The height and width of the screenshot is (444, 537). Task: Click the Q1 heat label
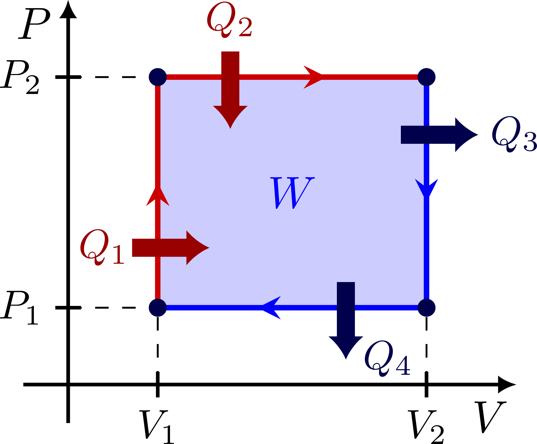pos(102,247)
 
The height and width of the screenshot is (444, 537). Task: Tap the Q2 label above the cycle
pos(229,21)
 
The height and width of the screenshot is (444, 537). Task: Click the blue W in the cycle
pos(292,193)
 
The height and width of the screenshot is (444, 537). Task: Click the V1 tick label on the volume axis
pos(157,427)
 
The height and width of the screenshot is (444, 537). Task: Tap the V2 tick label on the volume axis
pos(425,427)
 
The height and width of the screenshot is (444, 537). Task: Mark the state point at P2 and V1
pos(158,77)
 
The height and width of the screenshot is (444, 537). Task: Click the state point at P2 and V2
pos(426,77)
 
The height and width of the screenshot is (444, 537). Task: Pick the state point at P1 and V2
pos(426,308)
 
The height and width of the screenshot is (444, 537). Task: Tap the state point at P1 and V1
pos(158,308)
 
